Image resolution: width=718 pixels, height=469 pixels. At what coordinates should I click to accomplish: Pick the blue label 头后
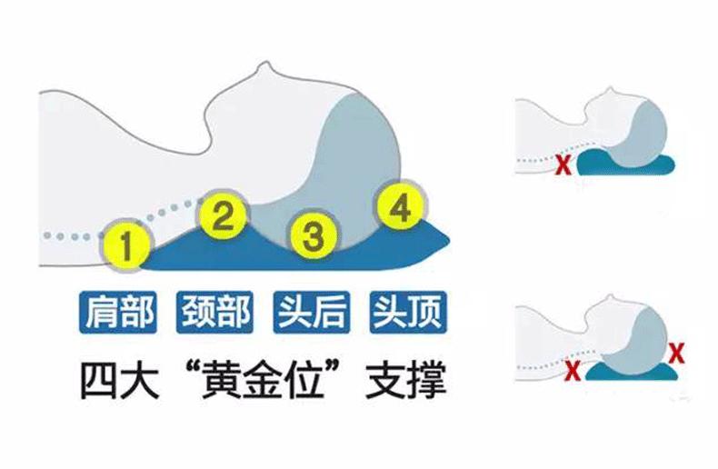310,312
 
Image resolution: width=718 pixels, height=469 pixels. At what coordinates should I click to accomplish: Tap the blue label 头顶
406,312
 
